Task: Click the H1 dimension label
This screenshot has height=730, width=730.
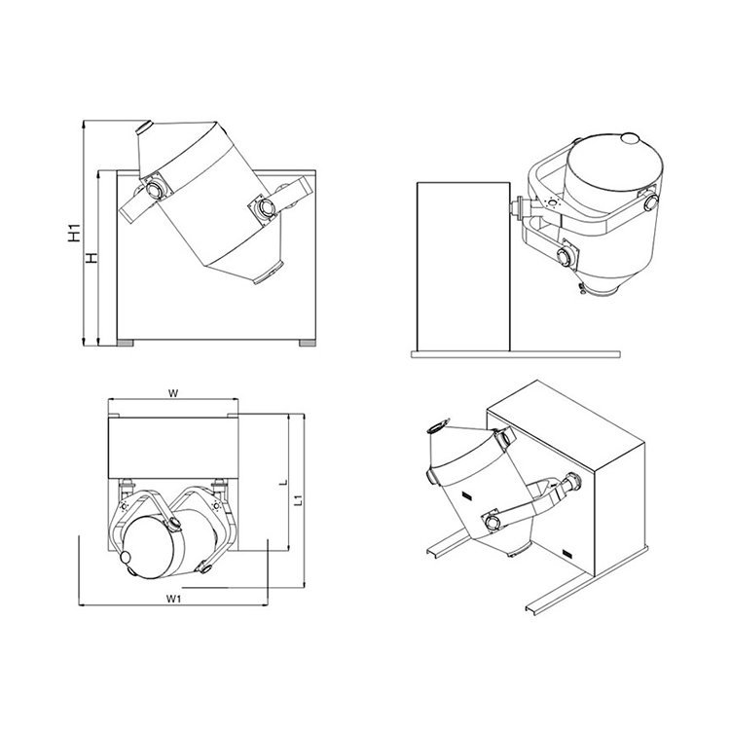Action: click(x=75, y=233)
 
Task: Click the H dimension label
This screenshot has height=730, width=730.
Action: click(x=92, y=258)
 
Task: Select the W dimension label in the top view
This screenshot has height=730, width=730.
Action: click(x=173, y=393)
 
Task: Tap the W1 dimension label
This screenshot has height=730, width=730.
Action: click(x=173, y=599)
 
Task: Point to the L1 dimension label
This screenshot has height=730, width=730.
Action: click(x=300, y=500)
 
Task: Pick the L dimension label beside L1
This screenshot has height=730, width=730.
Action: click(x=282, y=483)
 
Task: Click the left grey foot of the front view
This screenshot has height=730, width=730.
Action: click(x=125, y=344)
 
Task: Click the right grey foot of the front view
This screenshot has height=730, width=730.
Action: click(x=308, y=344)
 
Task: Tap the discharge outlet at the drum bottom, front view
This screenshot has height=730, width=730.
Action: click(x=269, y=274)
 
